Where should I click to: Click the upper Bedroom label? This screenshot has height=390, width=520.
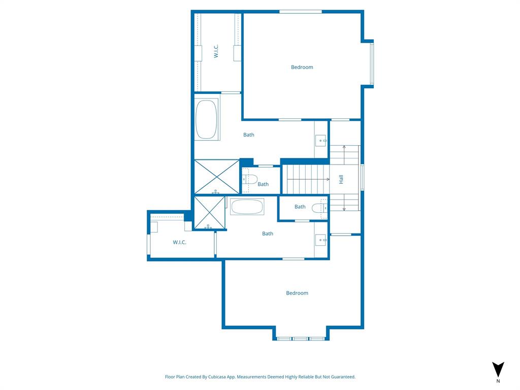pyautogui.click(x=302, y=67)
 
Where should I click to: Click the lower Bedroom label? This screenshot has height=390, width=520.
pyautogui.click(x=297, y=293)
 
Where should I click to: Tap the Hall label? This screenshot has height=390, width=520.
pyautogui.click(x=341, y=179)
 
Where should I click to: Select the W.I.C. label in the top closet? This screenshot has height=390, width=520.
pyautogui.click(x=216, y=51)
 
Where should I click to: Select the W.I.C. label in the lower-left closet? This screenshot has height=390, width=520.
pyautogui.click(x=179, y=242)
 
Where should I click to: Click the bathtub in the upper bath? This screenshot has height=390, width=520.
pyautogui.click(x=206, y=119)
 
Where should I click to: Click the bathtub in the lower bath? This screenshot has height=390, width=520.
pyautogui.click(x=247, y=207)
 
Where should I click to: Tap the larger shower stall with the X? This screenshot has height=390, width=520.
pyautogui.click(x=216, y=176)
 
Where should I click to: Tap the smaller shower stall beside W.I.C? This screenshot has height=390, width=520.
pyautogui.click(x=209, y=212)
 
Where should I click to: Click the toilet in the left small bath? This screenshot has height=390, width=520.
pyautogui.click(x=248, y=179)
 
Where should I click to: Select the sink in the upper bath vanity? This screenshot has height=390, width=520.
pyautogui.click(x=321, y=141)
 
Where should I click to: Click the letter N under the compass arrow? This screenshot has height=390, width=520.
pyautogui.click(x=498, y=381)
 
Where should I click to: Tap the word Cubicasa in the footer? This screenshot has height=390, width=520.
pyautogui.click(x=218, y=377)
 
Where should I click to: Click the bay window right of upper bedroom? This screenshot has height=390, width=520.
pyautogui.click(x=372, y=64)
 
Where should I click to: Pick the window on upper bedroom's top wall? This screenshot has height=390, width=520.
pyautogui.click(x=300, y=11)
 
